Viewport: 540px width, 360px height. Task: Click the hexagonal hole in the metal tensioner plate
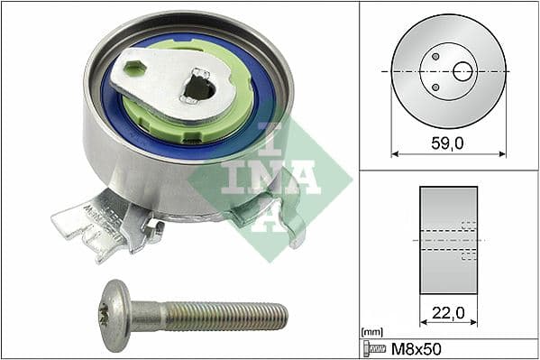[x=134, y=68]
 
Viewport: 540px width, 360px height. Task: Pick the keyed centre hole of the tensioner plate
[x=198, y=88]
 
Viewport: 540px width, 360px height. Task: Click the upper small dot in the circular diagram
[x=435, y=56]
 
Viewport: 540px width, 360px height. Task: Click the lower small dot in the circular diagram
[x=435, y=87]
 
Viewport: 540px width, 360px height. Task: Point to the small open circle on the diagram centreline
[x=462, y=71]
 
